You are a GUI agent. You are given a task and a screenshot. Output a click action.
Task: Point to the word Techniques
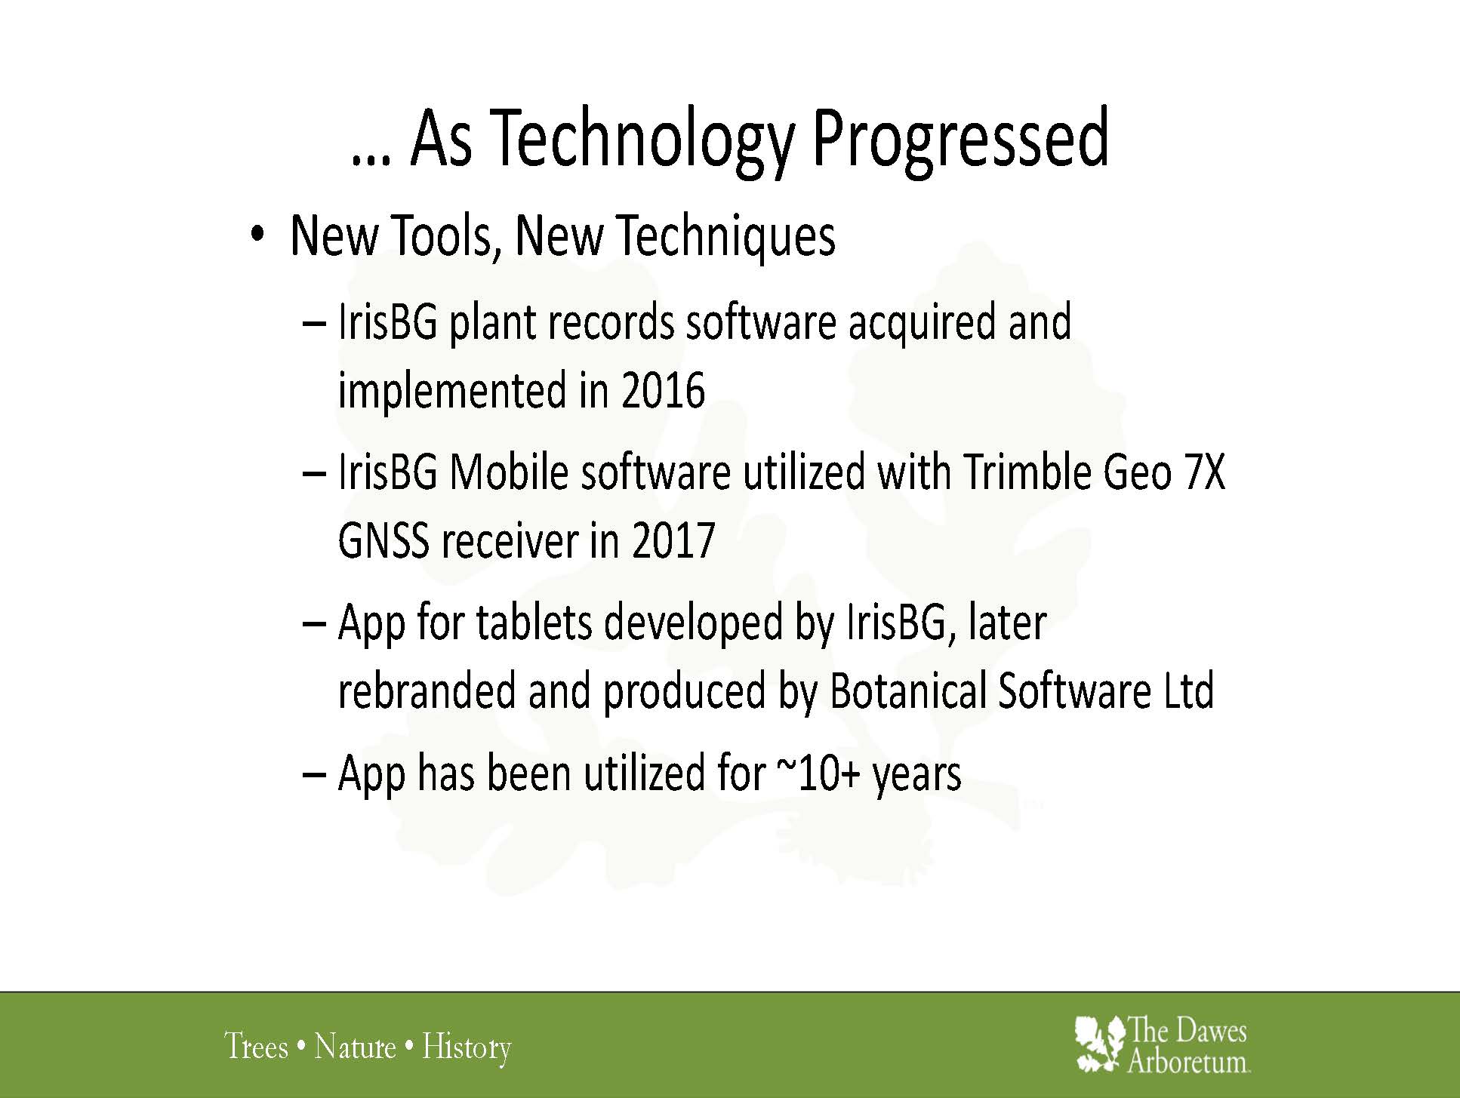pyautogui.click(x=726, y=235)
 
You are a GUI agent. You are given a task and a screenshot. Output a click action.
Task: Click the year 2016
pyautogui.click(x=664, y=391)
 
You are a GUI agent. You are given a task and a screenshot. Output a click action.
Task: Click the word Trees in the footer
pyautogui.click(x=257, y=1047)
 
